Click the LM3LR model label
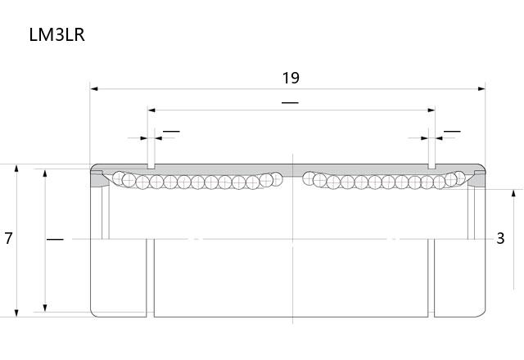[56, 35]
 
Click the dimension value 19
[291, 78]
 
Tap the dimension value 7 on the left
[8, 238]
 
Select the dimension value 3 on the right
[500, 238]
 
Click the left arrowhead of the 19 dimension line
[94, 89]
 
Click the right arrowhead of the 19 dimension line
[481, 89]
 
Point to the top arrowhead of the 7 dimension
[16, 168]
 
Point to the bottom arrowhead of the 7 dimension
[16, 313]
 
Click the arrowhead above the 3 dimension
[514, 193]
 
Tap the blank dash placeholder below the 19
[290, 102]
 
